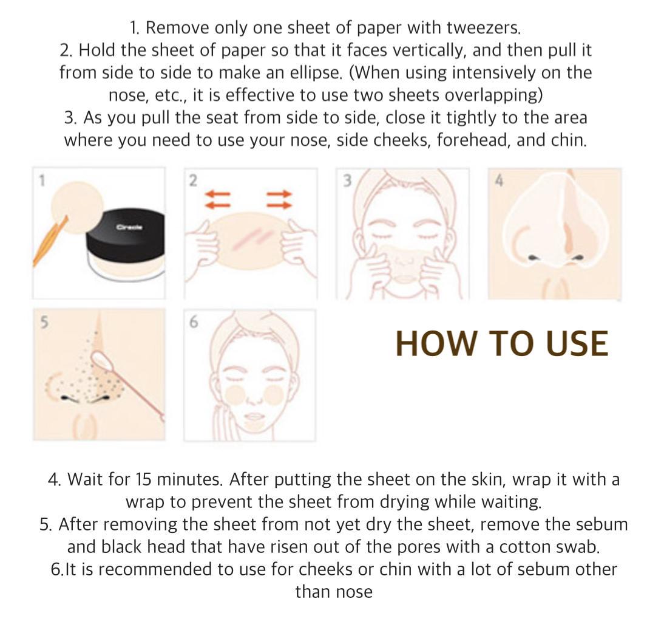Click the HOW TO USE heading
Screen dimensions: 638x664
[501, 343]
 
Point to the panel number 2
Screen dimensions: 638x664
[193, 180]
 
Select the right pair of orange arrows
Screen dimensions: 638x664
[280, 199]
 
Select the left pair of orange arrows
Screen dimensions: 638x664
[218, 199]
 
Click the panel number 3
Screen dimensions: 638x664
[347, 180]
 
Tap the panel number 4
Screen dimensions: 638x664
[499, 180]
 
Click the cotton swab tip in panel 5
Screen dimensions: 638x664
[100, 362]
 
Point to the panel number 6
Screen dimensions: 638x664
[193, 322]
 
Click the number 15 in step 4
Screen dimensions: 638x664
[143, 479]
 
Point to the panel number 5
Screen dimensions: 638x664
[43, 322]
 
